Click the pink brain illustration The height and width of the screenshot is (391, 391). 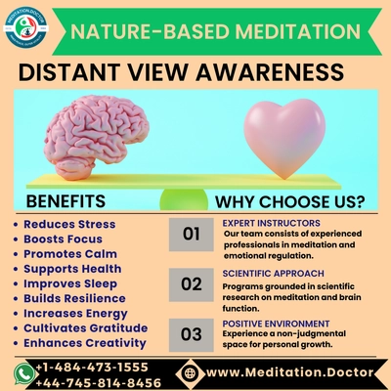tap(97, 137)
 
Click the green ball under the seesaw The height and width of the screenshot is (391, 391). tap(184, 199)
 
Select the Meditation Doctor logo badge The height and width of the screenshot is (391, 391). tap(26, 27)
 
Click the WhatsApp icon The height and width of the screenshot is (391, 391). tap(23, 373)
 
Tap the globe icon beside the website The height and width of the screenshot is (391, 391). tap(190, 372)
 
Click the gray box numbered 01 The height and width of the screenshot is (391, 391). tap(192, 235)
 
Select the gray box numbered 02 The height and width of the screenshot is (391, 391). tap(192, 284)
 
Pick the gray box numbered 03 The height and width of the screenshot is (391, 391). tap(192, 335)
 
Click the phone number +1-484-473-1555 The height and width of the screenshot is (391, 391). tap(92, 368)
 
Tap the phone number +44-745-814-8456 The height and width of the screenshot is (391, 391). tap(98, 382)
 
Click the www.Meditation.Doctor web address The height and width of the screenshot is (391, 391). tap(290, 372)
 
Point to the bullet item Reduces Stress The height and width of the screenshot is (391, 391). tap(69, 224)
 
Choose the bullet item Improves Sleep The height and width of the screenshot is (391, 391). tap(70, 283)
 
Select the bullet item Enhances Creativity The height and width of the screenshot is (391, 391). tap(85, 343)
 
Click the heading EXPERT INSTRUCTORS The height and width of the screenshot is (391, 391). tap(272, 223)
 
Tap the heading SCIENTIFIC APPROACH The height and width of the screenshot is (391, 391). tap(274, 274)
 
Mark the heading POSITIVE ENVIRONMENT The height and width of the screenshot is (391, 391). tap(276, 324)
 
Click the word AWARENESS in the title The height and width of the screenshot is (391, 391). tap(270, 72)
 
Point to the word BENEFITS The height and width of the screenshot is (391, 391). tap(65, 201)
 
